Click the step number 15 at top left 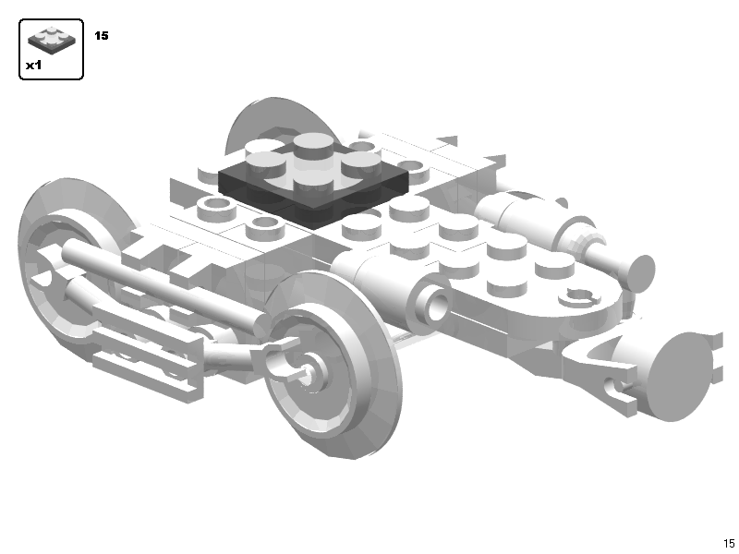pyautogui.click(x=102, y=36)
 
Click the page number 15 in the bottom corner pyautogui.click(x=729, y=543)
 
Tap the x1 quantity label pyautogui.click(x=34, y=66)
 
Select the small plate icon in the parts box pyautogui.click(x=52, y=39)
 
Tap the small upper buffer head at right pyautogui.click(x=638, y=271)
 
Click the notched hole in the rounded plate pyautogui.click(x=579, y=296)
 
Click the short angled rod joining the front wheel pyautogui.click(x=236, y=355)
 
